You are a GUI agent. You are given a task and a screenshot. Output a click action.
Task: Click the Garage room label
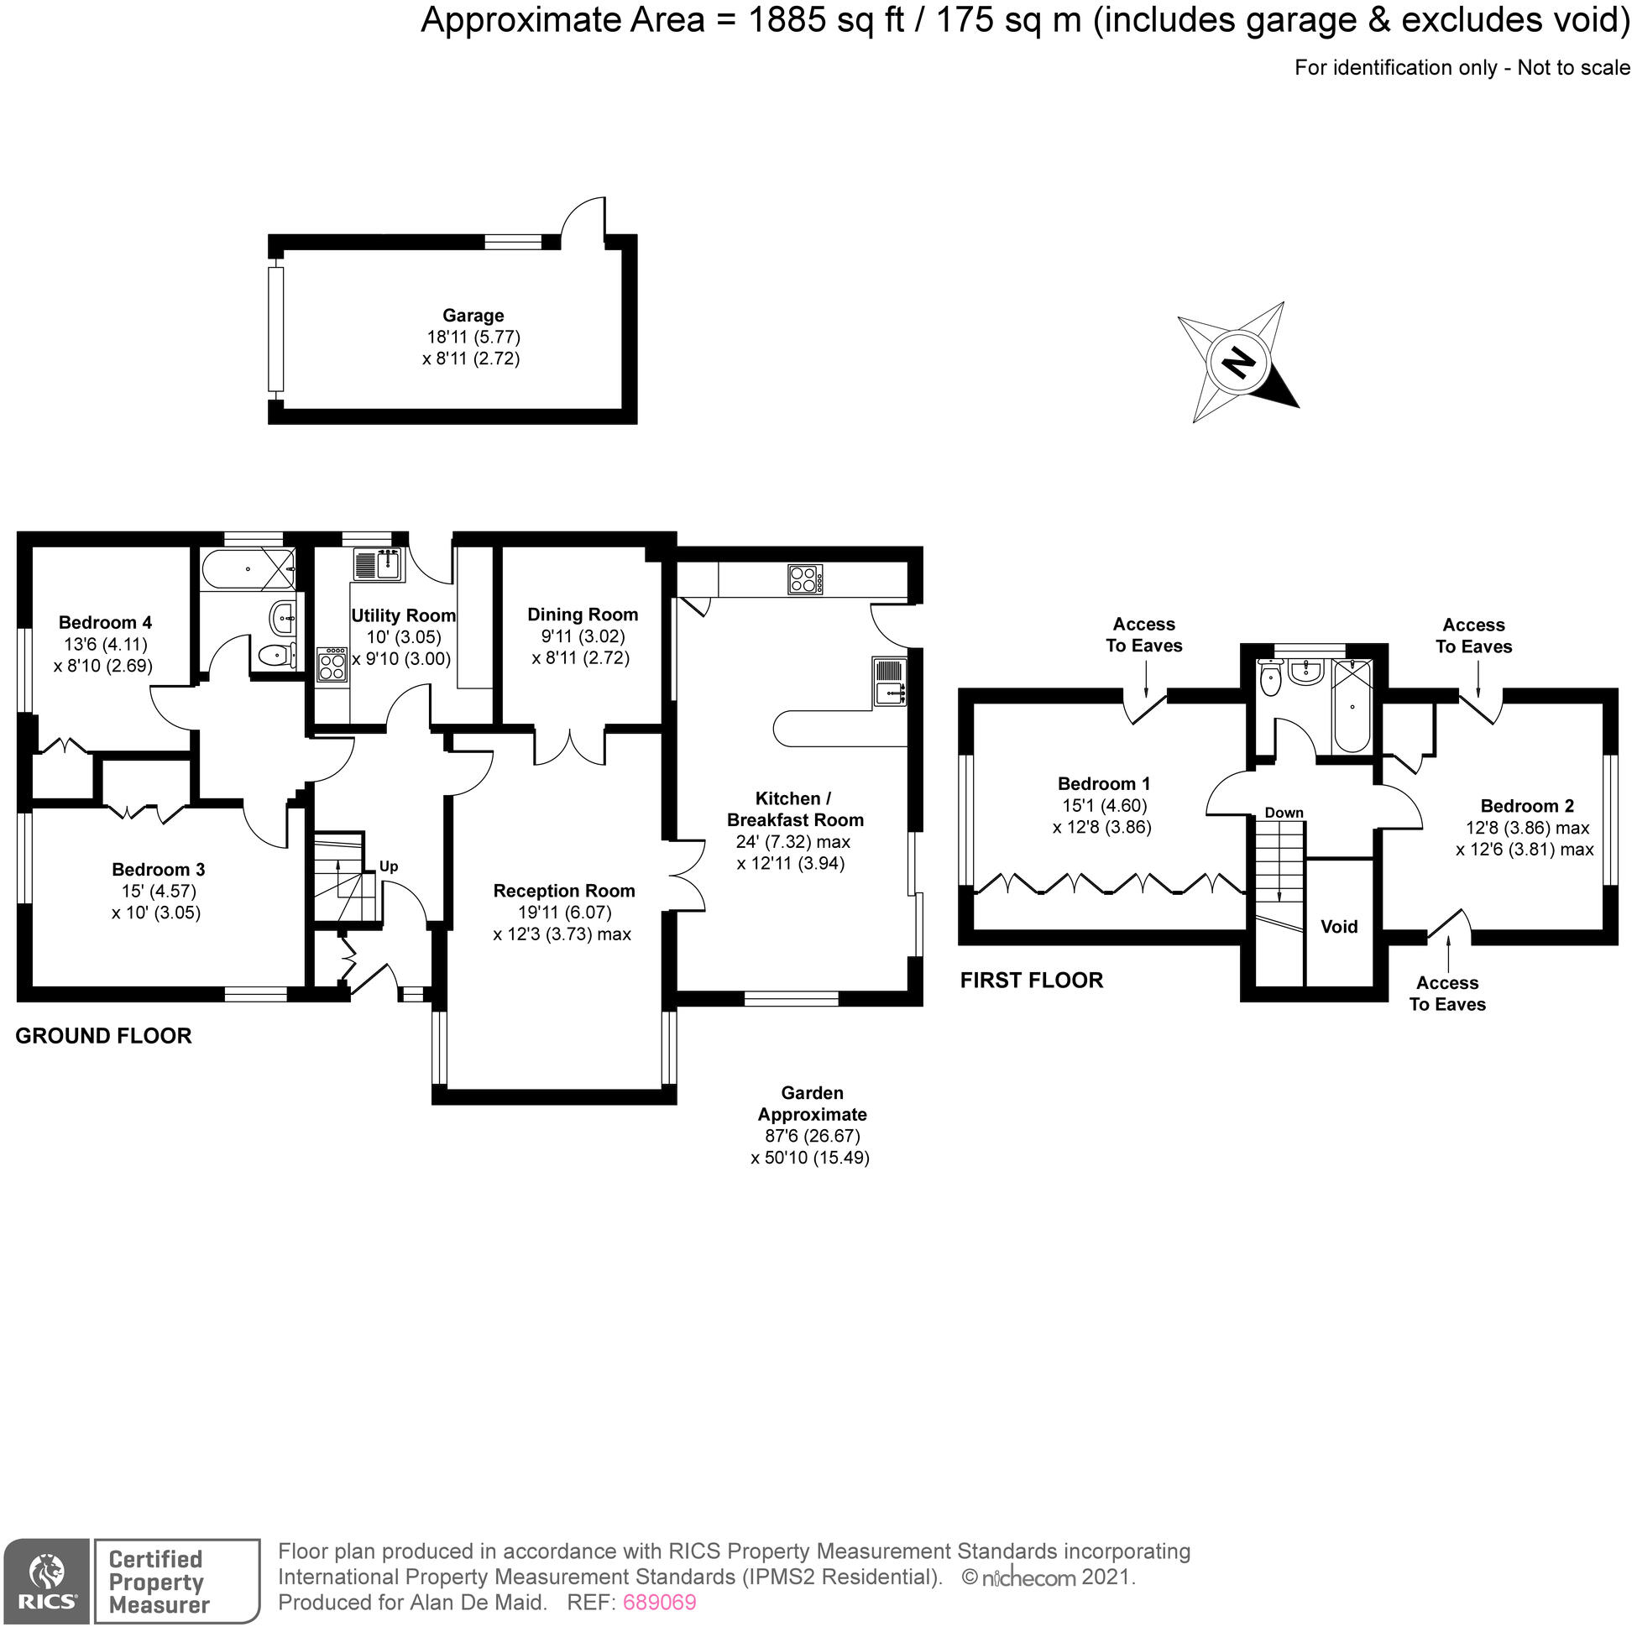tap(473, 316)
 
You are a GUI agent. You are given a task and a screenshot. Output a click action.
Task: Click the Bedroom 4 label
tap(105, 623)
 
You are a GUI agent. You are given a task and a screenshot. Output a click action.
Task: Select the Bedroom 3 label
tap(159, 870)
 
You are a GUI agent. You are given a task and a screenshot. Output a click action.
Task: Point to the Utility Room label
tap(403, 616)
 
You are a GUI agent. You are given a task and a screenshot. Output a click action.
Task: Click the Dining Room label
tap(582, 615)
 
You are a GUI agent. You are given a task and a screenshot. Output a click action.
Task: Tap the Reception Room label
tap(563, 891)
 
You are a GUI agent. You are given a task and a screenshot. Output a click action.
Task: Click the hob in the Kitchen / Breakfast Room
tap(805, 579)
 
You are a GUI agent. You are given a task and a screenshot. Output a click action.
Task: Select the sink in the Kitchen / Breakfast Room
tap(890, 683)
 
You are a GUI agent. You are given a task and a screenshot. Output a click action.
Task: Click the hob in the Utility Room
tap(332, 664)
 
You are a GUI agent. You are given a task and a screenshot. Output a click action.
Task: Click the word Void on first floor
tap(1339, 927)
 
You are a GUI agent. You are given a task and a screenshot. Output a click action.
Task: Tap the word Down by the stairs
tap(1284, 813)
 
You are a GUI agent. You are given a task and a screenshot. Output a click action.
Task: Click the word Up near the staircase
tap(388, 866)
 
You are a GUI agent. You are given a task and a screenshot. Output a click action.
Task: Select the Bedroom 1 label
tap(1103, 784)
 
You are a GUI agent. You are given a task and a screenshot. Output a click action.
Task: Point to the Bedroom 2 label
tap(1527, 806)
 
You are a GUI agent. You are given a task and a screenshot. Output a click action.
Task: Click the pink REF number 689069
tap(659, 1602)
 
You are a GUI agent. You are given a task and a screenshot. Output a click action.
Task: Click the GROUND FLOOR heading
tap(103, 1035)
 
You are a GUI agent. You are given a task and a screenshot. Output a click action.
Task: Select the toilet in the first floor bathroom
tap(1269, 681)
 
